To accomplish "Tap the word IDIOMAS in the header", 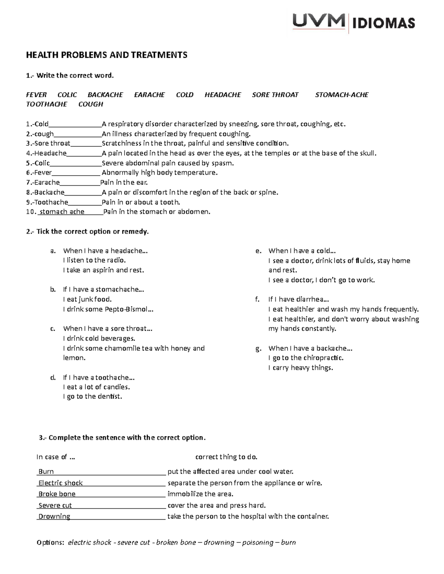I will click(383, 24).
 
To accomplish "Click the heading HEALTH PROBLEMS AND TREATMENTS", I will click(107, 55).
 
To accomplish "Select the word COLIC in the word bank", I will click(67, 95).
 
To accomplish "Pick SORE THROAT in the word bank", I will click(275, 95).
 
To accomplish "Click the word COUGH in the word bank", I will click(91, 104).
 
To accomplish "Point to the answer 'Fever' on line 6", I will click(43, 173).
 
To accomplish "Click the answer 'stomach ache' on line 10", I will click(62, 212).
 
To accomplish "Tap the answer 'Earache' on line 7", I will click(47, 182).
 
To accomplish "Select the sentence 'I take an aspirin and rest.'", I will click(104, 270).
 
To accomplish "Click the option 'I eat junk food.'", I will click(87, 299).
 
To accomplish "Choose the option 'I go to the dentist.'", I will click(92, 397).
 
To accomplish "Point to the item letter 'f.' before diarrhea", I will click(258, 299).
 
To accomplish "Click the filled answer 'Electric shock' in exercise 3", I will click(61, 483).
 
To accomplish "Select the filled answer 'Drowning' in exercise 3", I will click(54, 516).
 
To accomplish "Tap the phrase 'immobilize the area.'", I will click(201, 494).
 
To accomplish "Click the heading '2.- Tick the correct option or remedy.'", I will click(87, 232).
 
